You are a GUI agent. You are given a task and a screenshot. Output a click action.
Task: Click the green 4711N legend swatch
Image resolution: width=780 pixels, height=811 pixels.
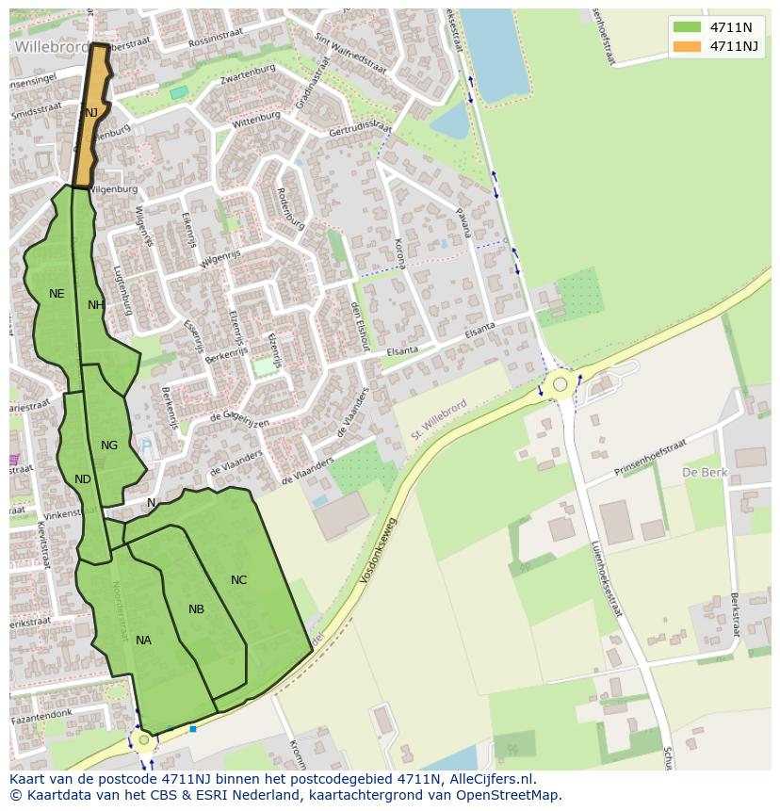point(688,27)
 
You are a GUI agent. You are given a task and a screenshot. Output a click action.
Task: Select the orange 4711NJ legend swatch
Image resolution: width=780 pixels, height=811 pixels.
point(688,46)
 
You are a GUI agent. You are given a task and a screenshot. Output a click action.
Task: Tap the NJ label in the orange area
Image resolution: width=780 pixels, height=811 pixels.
point(91,113)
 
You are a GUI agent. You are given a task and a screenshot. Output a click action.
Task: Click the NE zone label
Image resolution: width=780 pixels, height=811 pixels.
point(57,294)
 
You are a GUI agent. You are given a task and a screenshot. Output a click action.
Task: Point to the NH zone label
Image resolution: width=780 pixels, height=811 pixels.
point(96,305)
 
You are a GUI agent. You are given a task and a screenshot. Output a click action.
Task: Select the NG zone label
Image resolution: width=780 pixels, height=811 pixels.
point(109,446)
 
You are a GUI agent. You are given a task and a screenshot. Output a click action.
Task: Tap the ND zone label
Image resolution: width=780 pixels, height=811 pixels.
point(83,479)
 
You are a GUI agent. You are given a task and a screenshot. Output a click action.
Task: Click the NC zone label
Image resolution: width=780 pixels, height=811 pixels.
point(238,580)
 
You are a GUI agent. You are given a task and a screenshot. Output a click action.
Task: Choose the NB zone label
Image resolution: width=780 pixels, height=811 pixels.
point(196,609)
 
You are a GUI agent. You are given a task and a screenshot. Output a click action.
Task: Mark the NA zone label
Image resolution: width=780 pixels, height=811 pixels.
point(143,641)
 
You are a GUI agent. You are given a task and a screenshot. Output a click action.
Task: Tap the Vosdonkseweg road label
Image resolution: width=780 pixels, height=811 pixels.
point(378,550)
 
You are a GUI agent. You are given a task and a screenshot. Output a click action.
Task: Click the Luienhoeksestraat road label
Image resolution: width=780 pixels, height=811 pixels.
point(606,578)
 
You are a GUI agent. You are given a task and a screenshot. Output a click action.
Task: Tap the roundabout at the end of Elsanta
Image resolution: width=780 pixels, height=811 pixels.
point(561,383)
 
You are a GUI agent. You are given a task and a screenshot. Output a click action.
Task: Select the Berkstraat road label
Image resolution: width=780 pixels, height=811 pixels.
point(735,620)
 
